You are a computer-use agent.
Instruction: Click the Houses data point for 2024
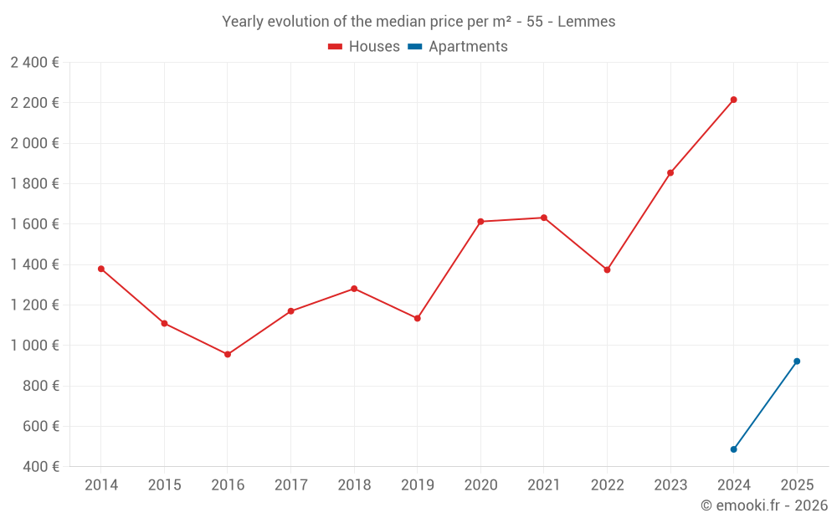click(x=733, y=100)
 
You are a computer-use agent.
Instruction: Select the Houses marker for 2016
click(x=228, y=354)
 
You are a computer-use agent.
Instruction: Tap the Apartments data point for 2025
click(x=797, y=361)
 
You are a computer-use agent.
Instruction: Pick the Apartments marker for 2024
click(x=733, y=449)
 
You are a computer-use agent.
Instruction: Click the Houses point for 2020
click(x=480, y=222)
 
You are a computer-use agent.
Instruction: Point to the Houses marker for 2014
click(x=101, y=269)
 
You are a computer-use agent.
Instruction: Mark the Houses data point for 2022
click(x=607, y=269)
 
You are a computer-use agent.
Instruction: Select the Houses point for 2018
click(x=354, y=289)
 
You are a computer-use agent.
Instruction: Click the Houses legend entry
click(x=364, y=47)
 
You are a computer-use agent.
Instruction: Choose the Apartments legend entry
click(x=459, y=47)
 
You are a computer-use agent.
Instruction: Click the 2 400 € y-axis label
click(x=34, y=62)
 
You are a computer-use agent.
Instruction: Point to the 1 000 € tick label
click(x=34, y=346)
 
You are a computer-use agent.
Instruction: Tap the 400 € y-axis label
click(x=41, y=467)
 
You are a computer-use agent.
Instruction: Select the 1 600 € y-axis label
click(x=34, y=224)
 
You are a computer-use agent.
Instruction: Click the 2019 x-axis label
click(x=417, y=485)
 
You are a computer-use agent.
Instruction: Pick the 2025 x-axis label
click(x=797, y=485)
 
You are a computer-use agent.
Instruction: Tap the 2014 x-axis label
click(x=101, y=485)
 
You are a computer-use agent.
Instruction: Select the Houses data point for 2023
click(x=670, y=172)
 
